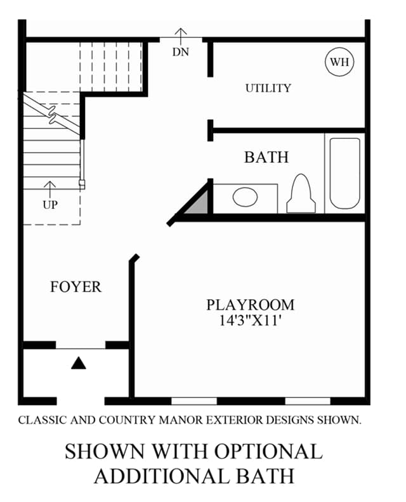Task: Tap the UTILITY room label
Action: [268, 88]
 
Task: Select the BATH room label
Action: [266, 157]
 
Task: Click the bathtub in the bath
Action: [345, 173]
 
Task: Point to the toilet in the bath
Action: [301, 193]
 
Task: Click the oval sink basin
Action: [245, 197]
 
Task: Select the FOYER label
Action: [75, 287]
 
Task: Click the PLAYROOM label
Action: [251, 305]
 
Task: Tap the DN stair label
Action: [181, 52]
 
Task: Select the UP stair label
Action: [50, 205]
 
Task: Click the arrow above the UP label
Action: [49, 190]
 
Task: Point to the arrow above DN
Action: [181, 37]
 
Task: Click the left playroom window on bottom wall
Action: [194, 401]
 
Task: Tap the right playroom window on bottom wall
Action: [308, 401]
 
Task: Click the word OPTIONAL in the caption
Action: [268, 451]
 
